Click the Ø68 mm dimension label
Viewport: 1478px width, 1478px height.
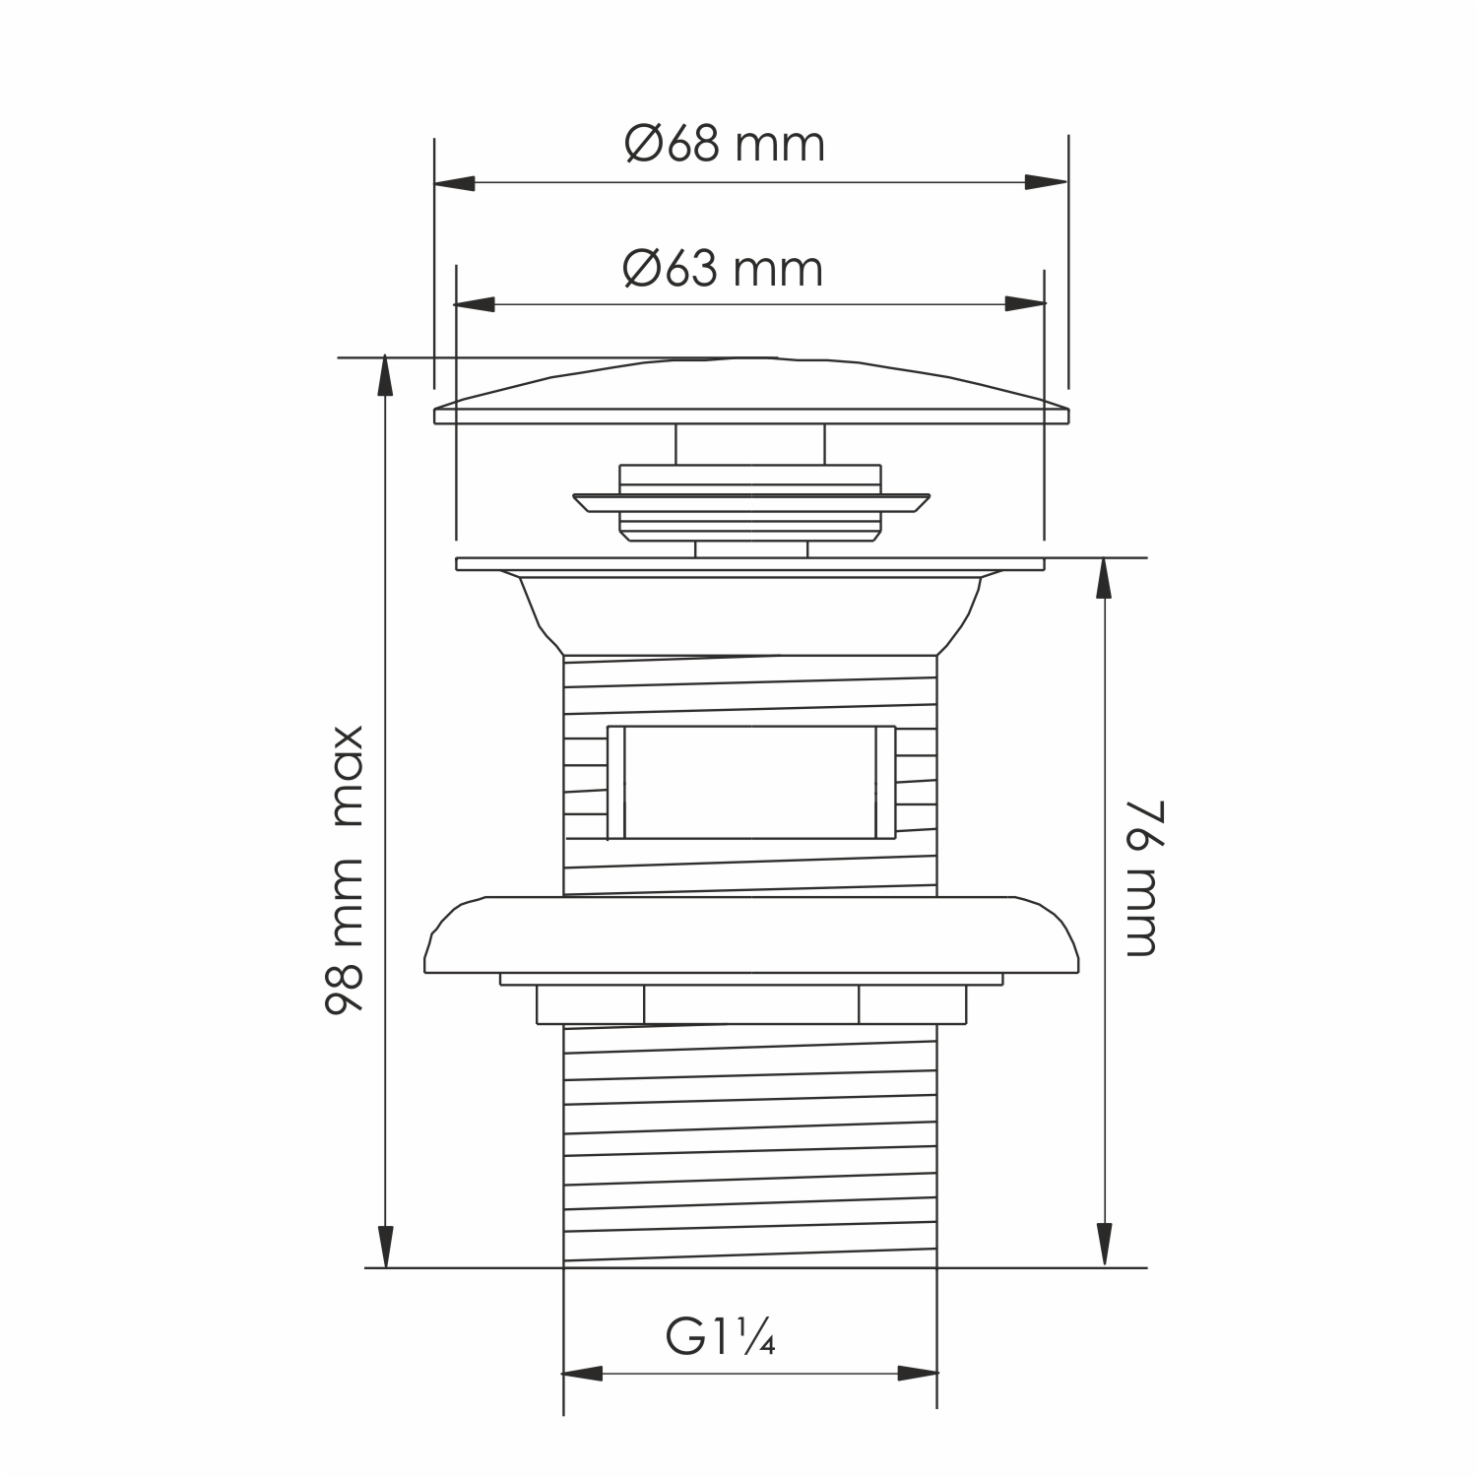tap(725, 146)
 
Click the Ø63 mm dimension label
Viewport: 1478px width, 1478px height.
tap(723, 269)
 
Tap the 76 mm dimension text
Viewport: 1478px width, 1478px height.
tap(1140, 878)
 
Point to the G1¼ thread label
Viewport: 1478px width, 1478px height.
tap(721, 1338)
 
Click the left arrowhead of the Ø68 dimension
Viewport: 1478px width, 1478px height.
tap(454, 183)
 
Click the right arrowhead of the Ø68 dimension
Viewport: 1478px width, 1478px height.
tap(1047, 183)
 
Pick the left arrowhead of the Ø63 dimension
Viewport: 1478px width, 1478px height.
tap(475, 305)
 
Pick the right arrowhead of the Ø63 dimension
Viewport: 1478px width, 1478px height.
tap(1025, 305)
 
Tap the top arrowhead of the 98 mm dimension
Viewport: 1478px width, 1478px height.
tap(385, 377)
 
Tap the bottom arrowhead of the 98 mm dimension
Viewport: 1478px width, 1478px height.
tap(385, 1248)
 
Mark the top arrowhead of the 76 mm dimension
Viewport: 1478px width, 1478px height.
tap(1105, 579)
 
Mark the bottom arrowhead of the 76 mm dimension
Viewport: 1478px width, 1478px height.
tap(1105, 1247)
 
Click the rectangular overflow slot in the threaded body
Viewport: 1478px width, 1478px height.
tap(750, 783)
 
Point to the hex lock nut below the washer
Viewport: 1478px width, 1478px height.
tap(750, 1005)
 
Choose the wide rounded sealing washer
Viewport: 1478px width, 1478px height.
tap(750, 935)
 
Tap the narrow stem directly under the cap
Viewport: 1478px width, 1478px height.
tap(750, 444)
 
